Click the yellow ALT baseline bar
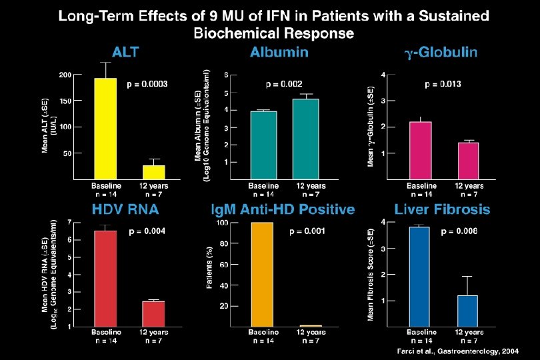[x=105, y=128]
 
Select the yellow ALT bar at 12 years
[x=153, y=172]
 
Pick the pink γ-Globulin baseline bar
[x=420, y=150]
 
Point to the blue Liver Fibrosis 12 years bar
[x=467, y=311]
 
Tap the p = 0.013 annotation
[x=443, y=84]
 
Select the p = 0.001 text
[x=307, y=232]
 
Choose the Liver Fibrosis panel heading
[x=442, y=209]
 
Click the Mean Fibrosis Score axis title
[x=371, y=273]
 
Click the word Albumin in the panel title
[x=279, y=53]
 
